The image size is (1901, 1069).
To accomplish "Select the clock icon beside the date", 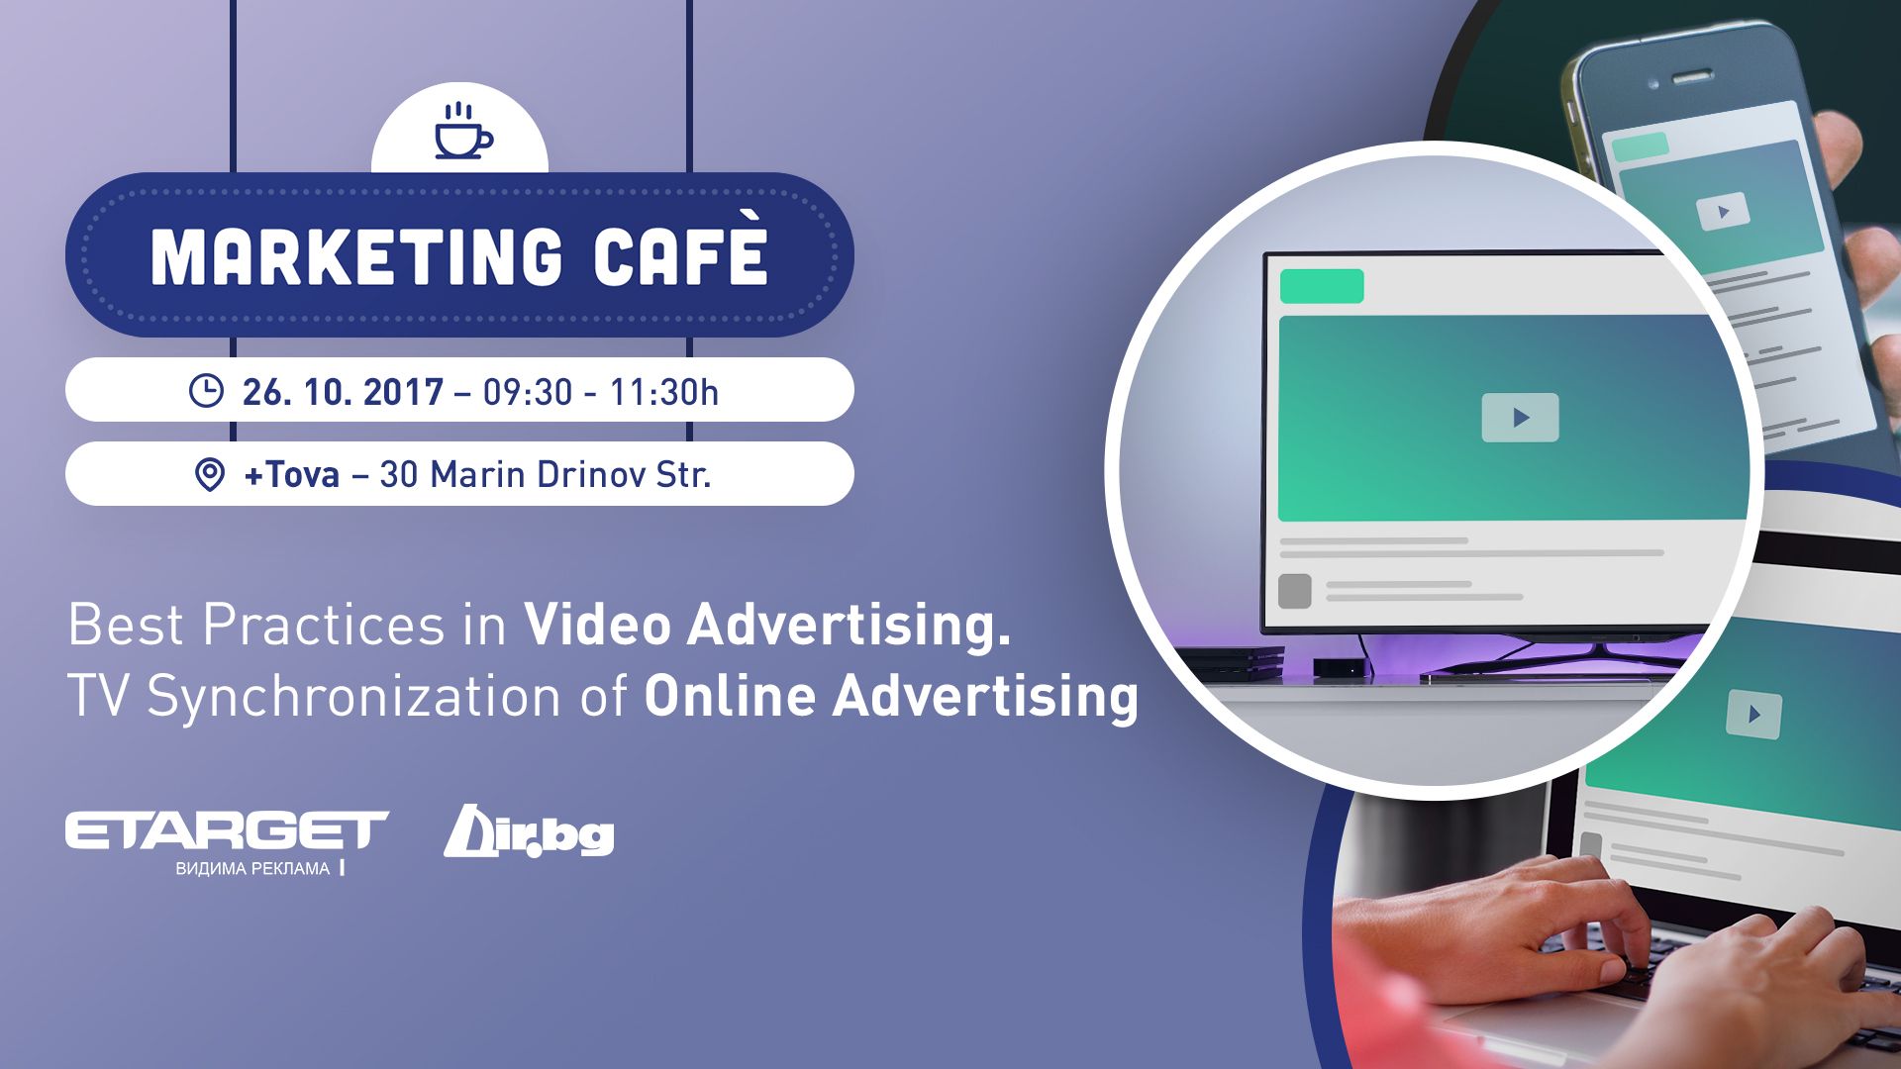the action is coord(206,391).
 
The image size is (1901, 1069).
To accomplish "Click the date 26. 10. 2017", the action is coord(343,392).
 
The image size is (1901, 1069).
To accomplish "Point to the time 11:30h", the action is coord(663,392).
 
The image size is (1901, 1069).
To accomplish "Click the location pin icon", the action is coord(209,475).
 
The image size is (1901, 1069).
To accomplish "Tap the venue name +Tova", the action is coord(292,475).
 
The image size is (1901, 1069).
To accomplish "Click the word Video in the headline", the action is coord(598,625).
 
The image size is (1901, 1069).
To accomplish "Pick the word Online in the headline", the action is coord(730,696).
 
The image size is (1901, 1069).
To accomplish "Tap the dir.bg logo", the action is coord(529,831).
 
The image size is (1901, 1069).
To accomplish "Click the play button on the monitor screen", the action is coord(1520,418).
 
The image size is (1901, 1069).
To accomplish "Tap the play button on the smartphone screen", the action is coord(1723,212).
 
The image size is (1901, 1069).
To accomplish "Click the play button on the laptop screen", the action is coord(1753,714).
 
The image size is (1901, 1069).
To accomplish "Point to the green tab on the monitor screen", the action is coord(1322,286).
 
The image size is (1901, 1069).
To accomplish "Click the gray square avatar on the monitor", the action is coord(1295,591).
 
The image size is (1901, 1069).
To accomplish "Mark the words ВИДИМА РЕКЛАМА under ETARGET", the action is coord(252,869).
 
